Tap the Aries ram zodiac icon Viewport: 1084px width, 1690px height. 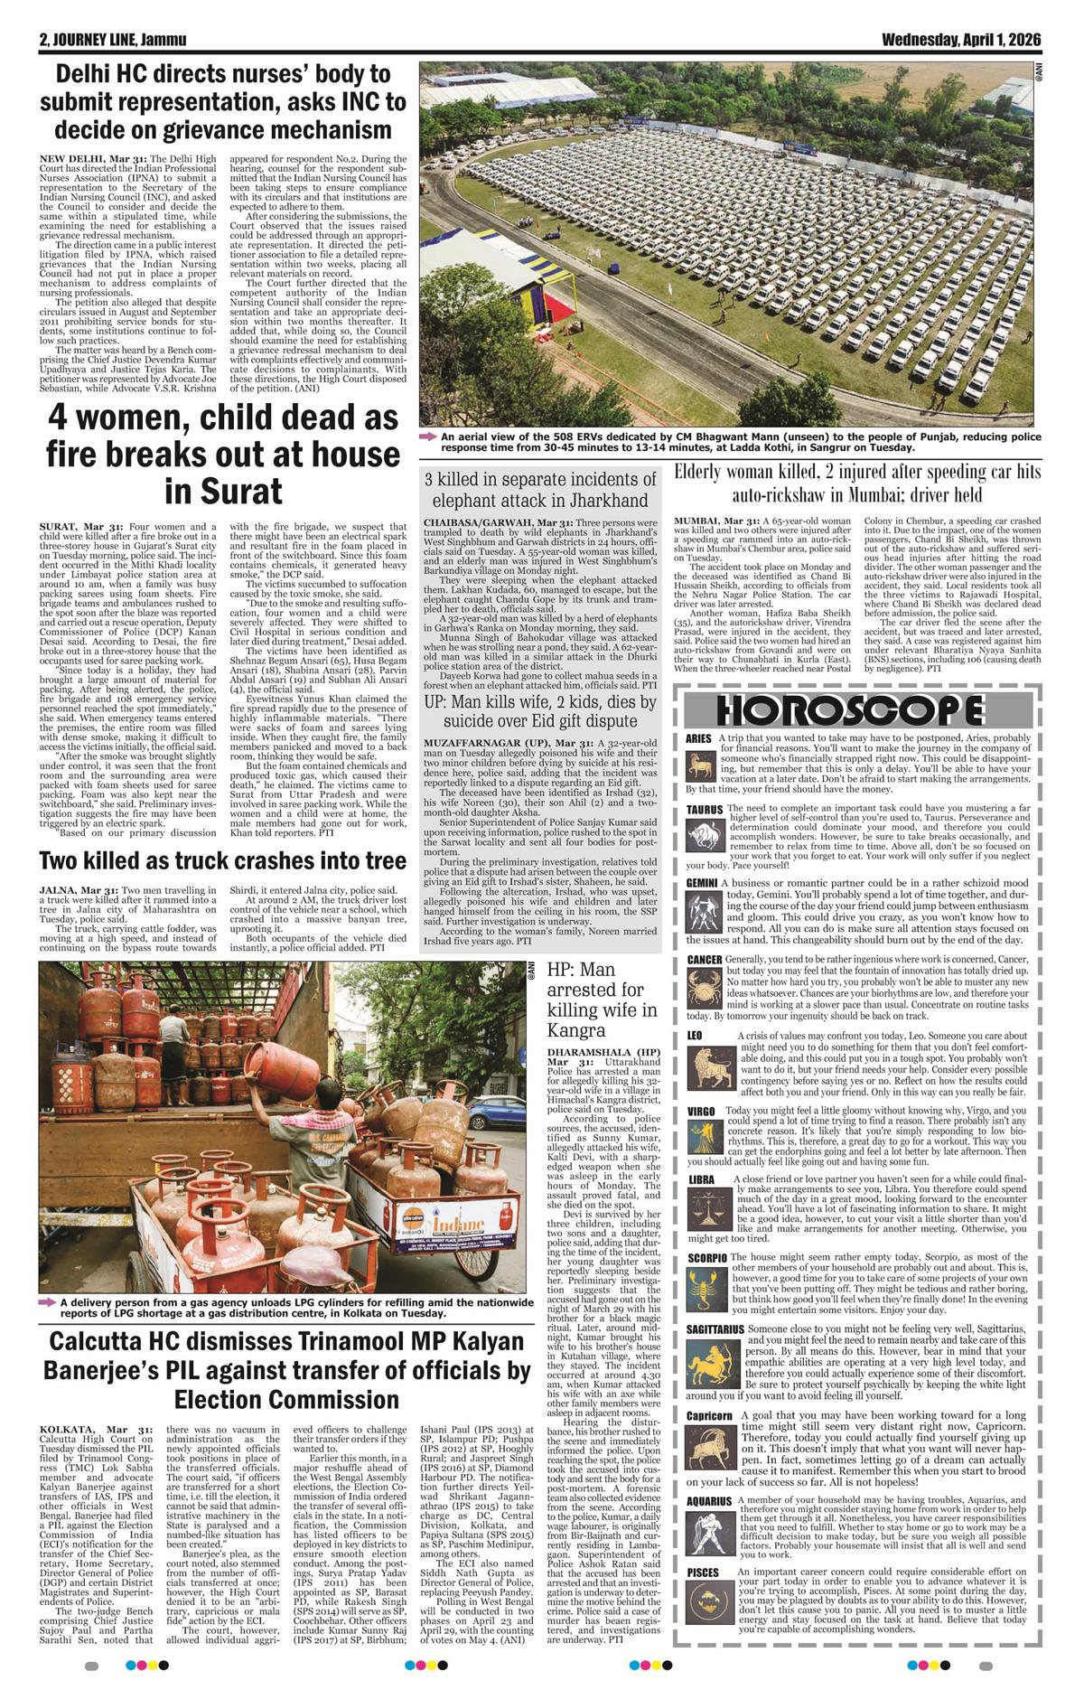click(x=701, y=769)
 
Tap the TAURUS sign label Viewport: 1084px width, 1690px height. click(x=705, y=809)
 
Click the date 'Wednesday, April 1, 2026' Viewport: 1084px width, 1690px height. click(x=961, y=41)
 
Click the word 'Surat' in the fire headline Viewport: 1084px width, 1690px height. click(x=224, y=492)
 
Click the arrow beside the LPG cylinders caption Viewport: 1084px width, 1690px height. click(x=48, y=1302)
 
